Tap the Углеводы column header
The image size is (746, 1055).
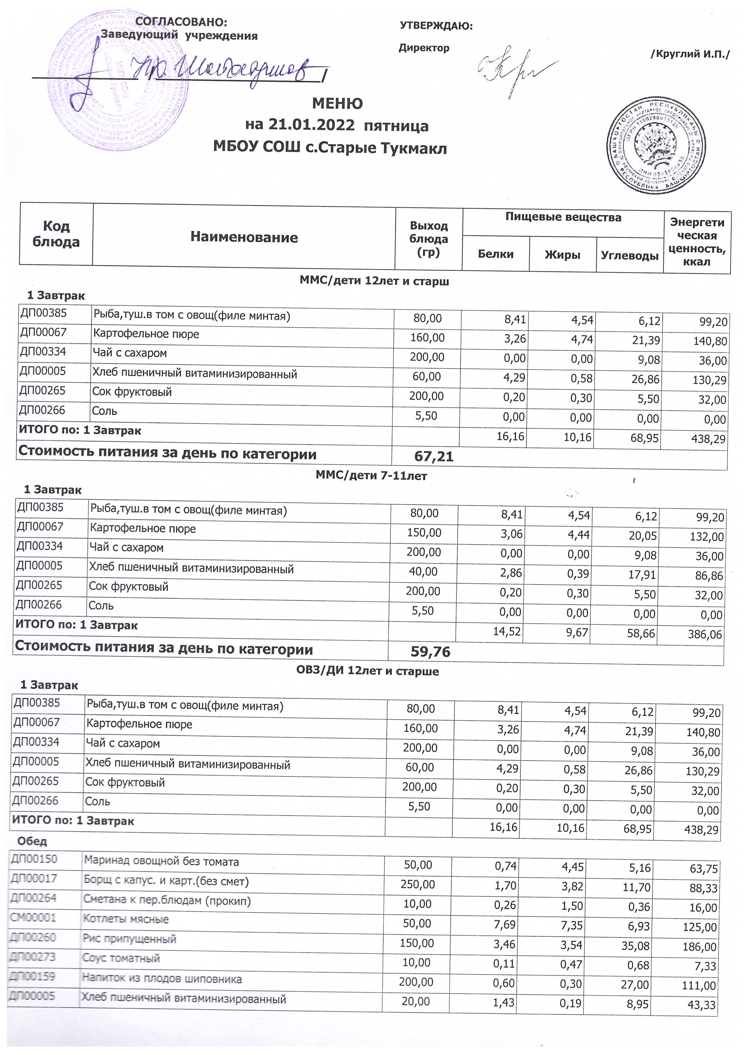coord(629,256)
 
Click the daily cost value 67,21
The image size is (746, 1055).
coord(434,456)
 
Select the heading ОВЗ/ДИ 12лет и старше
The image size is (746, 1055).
coord(367,671)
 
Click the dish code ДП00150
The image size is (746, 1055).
coord(34,859)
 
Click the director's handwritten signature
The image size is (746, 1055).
coord(515,69)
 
